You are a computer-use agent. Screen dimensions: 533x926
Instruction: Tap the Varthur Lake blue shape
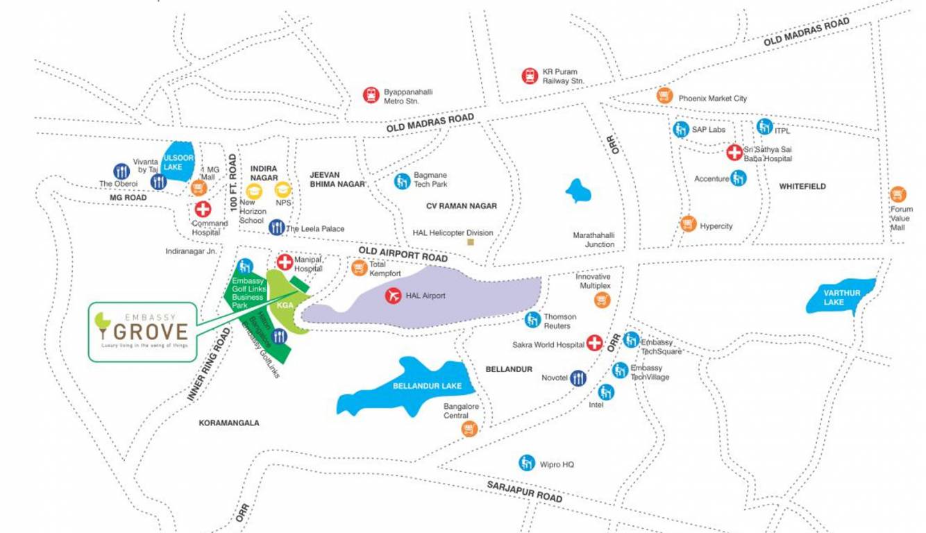tap(840, 298)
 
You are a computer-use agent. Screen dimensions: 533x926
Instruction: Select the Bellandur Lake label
tap(418, 386)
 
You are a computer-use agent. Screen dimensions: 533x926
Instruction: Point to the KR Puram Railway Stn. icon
tap(530, 76)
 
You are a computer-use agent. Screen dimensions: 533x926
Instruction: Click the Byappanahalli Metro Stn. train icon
tap(371, 95)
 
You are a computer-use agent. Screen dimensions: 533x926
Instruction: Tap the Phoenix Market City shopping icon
tap(664, 96)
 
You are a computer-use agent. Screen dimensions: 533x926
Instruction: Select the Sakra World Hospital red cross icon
tap(594, 343)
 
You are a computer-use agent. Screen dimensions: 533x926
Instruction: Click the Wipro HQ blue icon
tap(527, 462)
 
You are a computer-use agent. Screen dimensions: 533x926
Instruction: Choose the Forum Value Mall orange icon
tap(898, 194)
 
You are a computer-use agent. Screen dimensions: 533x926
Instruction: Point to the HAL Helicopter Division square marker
tap(471, 242)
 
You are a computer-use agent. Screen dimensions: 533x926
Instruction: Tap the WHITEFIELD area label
tap(802, 187)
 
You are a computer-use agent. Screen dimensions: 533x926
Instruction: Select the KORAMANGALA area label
tap(229, 423)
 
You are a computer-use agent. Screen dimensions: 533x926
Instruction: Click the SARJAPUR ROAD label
tap(524, 491)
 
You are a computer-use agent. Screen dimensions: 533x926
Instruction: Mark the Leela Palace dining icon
tap(276, 227)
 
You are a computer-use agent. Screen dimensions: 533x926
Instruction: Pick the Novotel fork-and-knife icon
tap(578, 378)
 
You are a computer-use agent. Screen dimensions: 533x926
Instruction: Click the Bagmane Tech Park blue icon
tap(402, 181)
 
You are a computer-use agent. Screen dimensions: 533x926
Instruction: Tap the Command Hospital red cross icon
tap(203, 209)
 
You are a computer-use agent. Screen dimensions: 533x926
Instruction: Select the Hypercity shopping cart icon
tap(688, 223)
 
